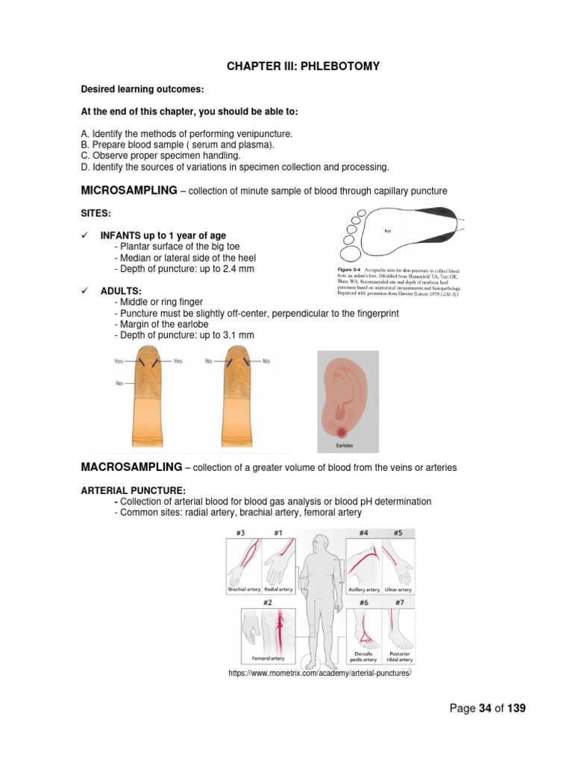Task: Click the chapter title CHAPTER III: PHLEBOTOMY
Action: (303, 66)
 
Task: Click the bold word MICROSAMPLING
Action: (128, 191)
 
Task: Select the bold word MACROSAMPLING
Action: (131, 467)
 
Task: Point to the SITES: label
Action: (95, 213)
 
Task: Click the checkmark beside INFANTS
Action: (84, 235)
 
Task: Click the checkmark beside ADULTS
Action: (84, 291)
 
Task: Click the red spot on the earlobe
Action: (345, 431)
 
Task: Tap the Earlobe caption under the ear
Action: (345, 446)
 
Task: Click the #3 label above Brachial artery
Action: (241, 534)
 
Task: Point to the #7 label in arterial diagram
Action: (399, 602)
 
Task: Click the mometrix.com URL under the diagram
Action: (320, 674)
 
